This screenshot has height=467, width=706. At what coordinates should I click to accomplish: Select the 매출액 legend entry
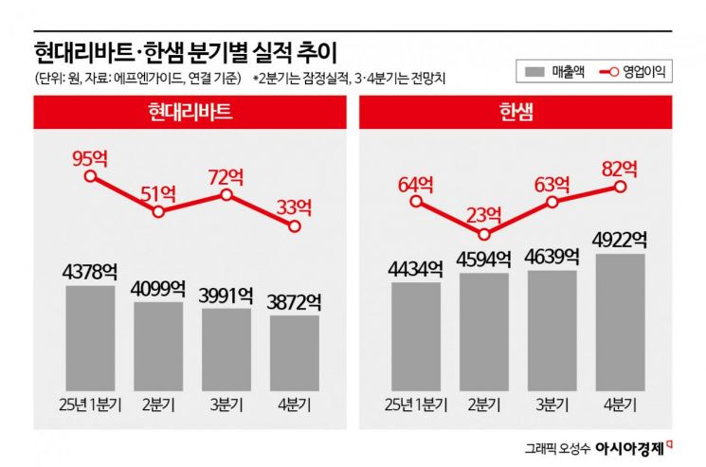[552, 71]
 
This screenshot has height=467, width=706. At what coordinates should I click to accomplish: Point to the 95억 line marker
[90, 176]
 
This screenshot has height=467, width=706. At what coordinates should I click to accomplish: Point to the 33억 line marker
[294, 226]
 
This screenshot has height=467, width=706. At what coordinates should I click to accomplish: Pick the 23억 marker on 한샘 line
[484, 234]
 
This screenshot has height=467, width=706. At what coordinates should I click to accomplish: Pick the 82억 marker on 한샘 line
[620, 187]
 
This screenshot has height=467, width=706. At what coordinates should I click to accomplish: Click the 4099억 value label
[158, 287]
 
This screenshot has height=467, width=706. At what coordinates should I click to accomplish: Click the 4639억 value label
[552, 257]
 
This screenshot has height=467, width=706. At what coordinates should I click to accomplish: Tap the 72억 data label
[226, 176]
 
